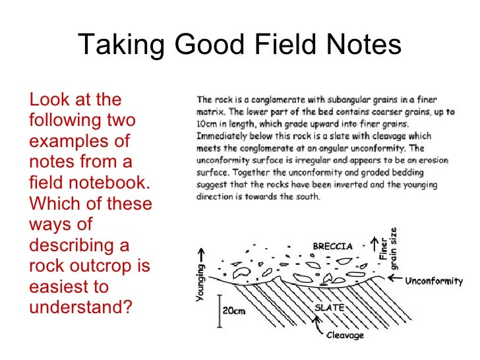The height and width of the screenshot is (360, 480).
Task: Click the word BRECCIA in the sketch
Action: click(333, 246)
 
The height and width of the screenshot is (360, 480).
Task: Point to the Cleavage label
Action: click(346, 336)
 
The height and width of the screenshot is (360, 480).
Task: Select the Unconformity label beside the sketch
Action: click(434, 282)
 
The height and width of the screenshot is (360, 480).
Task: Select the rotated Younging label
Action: click(201, 283)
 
